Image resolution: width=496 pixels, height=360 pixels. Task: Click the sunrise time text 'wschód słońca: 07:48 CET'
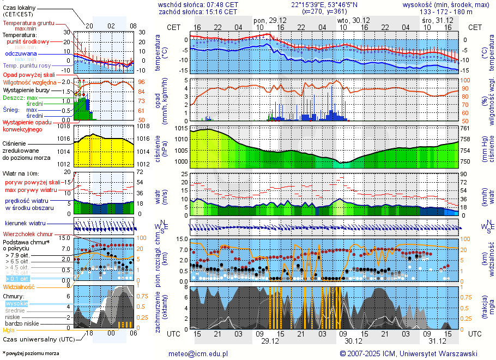coord(198,4)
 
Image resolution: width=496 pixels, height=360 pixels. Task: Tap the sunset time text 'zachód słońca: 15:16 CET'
coord(198,11)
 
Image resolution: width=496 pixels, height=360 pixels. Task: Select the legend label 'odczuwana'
coord(21,54)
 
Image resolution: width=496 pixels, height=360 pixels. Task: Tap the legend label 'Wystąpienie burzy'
coord(28,89)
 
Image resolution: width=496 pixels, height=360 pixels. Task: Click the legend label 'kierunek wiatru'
coord(26,224)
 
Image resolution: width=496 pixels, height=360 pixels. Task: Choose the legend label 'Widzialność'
coord(19,286)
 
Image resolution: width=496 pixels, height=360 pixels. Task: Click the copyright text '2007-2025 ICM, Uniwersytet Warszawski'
coord(412,353)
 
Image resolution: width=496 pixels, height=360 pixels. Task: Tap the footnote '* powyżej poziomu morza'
coord(31,353)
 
